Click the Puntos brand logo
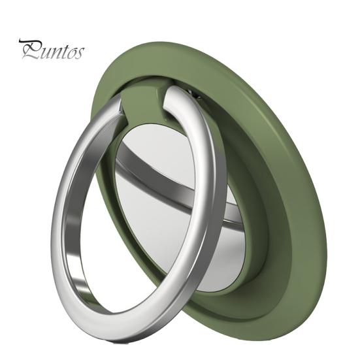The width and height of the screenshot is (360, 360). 52,50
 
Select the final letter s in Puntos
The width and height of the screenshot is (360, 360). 79,53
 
